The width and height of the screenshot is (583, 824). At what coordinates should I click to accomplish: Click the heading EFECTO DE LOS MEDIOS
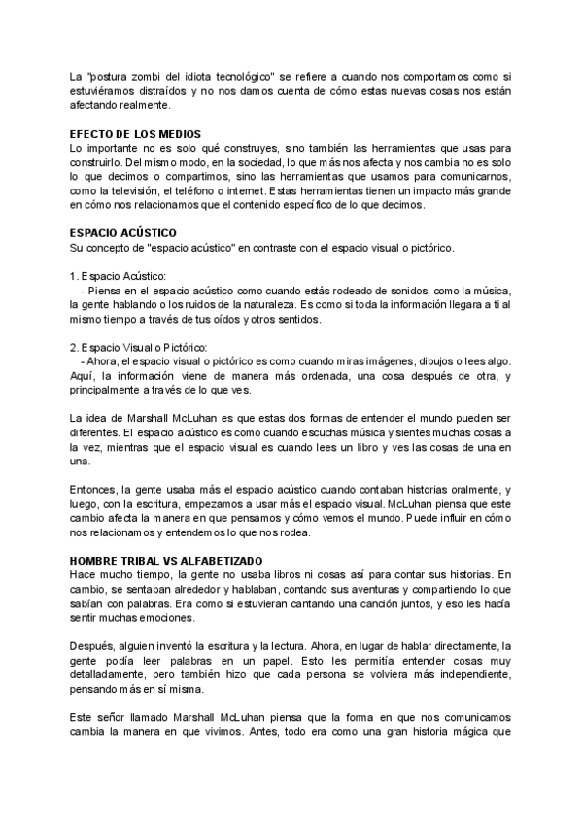[x=136, y=133]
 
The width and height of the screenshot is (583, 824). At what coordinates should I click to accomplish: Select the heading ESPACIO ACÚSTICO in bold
[x=122, y=233]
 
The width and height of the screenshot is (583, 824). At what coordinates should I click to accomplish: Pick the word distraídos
[x=170, y=91]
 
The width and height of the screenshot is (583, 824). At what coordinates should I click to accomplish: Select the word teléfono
[x=212, y=190]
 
